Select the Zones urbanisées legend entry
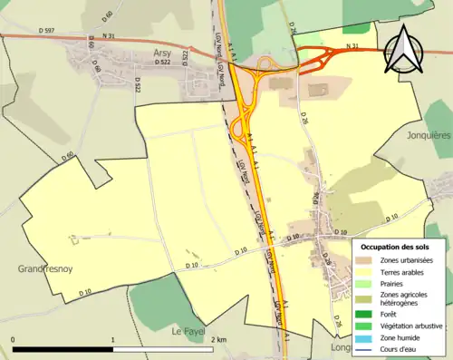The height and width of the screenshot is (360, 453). point(405,260)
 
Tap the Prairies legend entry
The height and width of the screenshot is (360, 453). point(392,283)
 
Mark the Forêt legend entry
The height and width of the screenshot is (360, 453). point(389,314)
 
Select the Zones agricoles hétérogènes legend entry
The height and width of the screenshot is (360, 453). point(404,298)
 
